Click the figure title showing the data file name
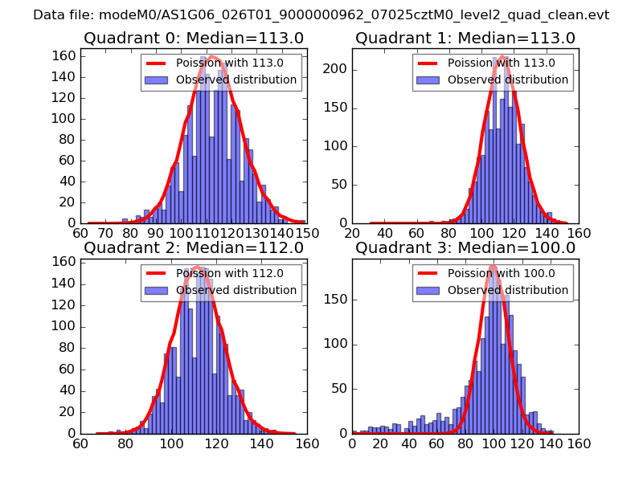point(321,14)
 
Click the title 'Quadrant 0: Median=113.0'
point(193,39)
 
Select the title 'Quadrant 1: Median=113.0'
point(465,39)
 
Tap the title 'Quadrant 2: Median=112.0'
point(193,248)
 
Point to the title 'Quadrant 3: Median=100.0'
point(465,248)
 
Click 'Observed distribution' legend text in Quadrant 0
point(236,80)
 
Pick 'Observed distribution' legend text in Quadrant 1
point(508,80)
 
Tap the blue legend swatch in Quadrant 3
point(428,290)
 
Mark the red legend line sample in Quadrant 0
point(156,63)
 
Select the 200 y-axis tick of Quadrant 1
point(337,69)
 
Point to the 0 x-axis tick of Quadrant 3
point(352,443)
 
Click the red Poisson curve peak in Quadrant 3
point(493,266)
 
